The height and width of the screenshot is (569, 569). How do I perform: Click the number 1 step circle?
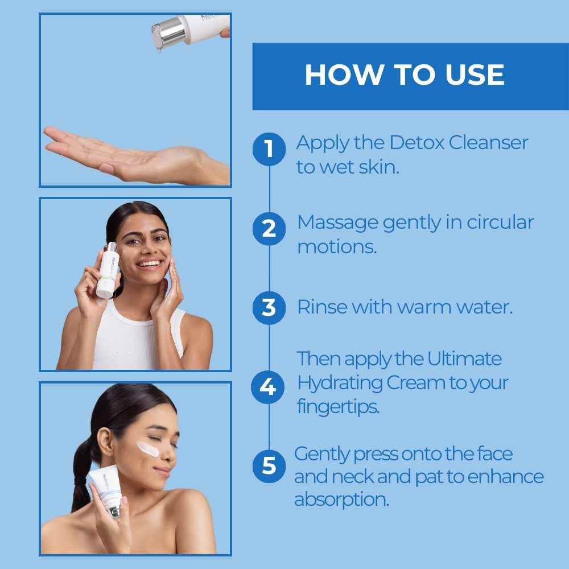269,149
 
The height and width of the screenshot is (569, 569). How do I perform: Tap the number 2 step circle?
269,229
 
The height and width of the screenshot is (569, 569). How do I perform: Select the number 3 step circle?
269,308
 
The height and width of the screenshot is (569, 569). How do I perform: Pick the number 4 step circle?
268,387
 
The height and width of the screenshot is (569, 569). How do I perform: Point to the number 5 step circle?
269,466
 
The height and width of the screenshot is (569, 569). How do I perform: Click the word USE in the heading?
475,75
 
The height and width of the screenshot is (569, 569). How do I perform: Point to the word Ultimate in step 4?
464,359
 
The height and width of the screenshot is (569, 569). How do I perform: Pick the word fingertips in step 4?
338,407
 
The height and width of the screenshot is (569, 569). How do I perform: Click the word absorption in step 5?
341,500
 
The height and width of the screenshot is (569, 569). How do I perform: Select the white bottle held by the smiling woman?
108,270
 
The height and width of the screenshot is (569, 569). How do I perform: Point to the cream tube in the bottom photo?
107,489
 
